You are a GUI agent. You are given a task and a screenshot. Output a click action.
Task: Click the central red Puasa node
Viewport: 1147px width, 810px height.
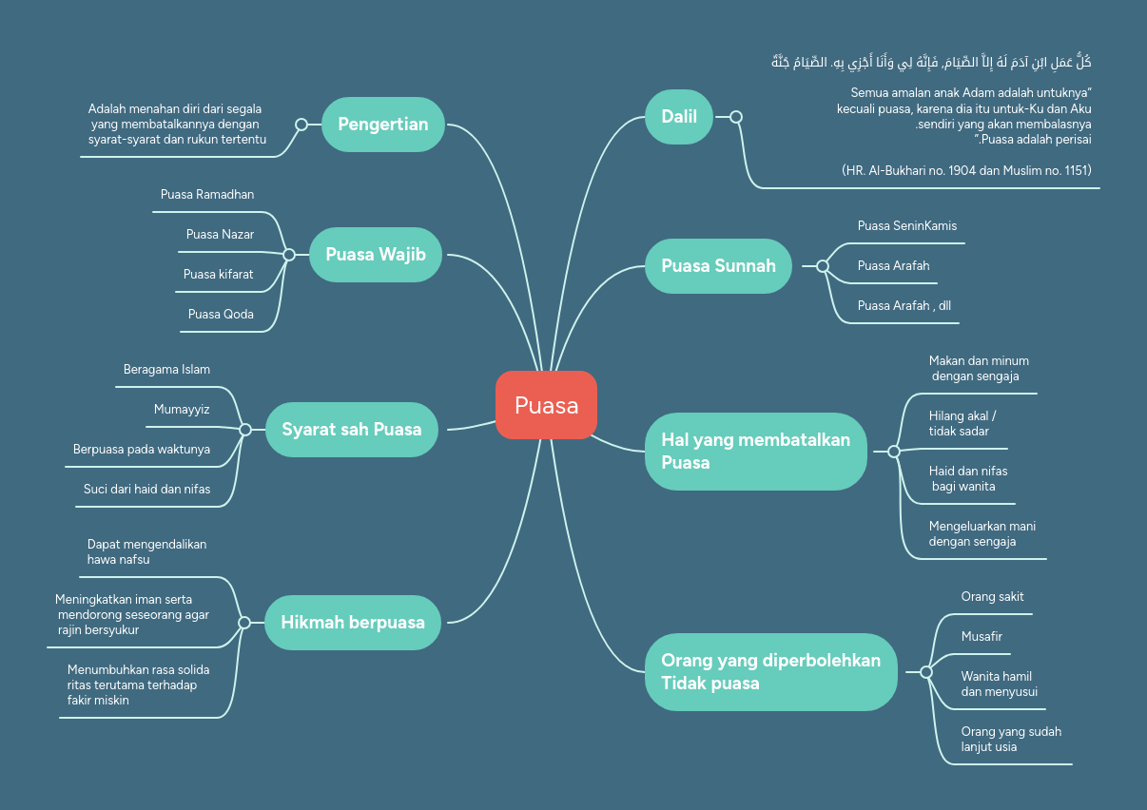pyautogui.click(x=546, y=405)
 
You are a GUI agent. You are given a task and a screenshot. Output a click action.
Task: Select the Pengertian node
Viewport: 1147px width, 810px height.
pyautogui.click(x=383, y=124)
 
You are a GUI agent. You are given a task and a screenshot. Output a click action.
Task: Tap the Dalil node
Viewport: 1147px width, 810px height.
pyautogui.click(x=679, y=117)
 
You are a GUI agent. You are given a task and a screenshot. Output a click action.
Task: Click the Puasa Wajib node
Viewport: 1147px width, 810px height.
pyautogui.click(x=376, y=254)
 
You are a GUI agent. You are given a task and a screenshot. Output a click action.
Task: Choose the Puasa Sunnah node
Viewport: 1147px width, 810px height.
pyautogui.click(x=718, y=265)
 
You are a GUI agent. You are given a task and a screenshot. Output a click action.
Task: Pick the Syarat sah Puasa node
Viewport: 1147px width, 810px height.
pyautogui.click(x=351, y=429)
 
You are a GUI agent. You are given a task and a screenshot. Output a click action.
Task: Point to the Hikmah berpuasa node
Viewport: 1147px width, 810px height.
pyautogui.click(x=352, y=623)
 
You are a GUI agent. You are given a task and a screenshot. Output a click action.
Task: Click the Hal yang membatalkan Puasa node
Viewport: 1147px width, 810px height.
pyautogui.click(x=755, y=452)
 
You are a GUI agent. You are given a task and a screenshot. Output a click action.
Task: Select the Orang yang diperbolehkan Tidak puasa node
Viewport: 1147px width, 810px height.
pyautogui.click(x=770, y=671)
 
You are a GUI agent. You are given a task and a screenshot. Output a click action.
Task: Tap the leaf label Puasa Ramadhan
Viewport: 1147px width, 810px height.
pyautogui.click(x=207, y=195)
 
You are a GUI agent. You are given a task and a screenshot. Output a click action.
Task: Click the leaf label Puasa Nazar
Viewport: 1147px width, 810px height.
pyautogui.click(x=220, y=234)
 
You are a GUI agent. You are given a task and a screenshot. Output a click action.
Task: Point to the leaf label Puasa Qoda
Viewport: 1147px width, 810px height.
pyautogui.click(x=221, y=314)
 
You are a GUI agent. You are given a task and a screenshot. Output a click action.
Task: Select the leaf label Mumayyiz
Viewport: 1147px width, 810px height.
pyautogui.click(x=182, y=409)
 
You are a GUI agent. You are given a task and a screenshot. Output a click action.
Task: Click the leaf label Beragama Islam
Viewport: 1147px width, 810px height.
pyautogui.click(x=166, y=369)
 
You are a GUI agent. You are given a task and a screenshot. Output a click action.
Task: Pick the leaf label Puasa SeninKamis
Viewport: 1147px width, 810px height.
pyautogui.click(x=906, y=225)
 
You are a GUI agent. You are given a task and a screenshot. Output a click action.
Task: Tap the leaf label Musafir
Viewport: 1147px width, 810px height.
pyautogui.click(x=982, y=636)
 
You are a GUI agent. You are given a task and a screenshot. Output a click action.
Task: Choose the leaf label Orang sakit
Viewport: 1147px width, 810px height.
pyautogui.click(x=992, y=596)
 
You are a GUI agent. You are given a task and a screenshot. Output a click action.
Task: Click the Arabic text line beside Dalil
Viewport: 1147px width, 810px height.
pyautogui.click(x=930, y=63)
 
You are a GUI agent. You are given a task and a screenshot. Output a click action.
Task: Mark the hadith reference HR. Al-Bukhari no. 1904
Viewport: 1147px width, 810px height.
pyautogui.click(x=966, y=170)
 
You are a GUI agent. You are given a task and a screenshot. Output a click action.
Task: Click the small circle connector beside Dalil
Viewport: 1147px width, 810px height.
pyautogui.click(x=735, y=117)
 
